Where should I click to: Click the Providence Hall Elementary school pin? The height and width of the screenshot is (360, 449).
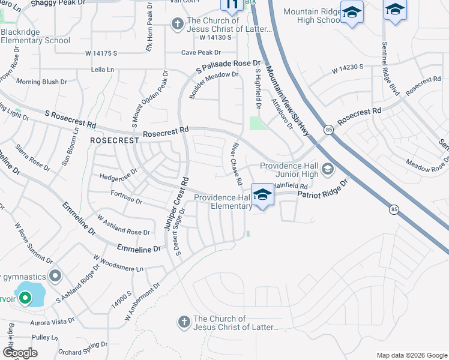pyautogui.click(x=262, y=194)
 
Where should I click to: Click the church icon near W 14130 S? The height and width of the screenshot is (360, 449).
pyautogui.click(x=177, y=24)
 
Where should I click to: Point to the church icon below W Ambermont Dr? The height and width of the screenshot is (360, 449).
pyautogui.click(x=184, y=323)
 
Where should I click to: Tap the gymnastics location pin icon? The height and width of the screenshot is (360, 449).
pyautogui.click(x=55, y=276)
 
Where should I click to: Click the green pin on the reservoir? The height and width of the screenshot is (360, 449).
pyautogui.click(x=25, y=297)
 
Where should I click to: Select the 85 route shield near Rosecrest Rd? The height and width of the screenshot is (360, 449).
pyautogui.click(x=328, y=129)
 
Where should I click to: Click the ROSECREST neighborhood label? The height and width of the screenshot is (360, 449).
pyautogui.click(x=114, y=139)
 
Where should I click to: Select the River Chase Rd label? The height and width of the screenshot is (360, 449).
pyautogui.click(x=236, y=164)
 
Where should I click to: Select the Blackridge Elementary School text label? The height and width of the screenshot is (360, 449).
pyautogui.click(x=35, y=36)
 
